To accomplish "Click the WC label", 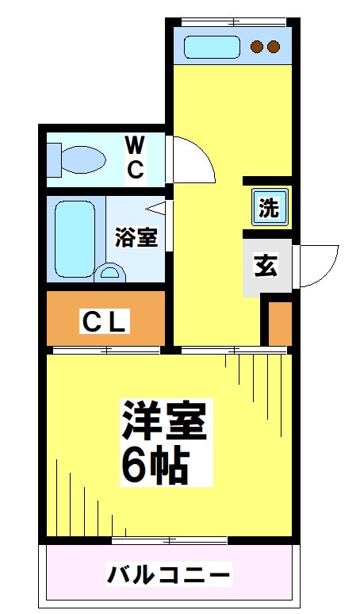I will (136, 156).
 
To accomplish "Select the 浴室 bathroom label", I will (136, 237).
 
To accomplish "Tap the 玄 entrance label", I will (266, 266).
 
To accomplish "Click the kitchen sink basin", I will (212, 47).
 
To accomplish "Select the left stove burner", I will (257, 47).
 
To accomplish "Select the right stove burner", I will (274, 47).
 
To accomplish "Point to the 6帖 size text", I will (154, 466).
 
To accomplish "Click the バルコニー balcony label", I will (169, 574).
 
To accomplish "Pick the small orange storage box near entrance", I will (278, 323).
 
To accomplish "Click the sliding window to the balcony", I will (170, 540).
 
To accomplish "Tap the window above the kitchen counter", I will (230, 20).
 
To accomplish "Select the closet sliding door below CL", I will (106, 349).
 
